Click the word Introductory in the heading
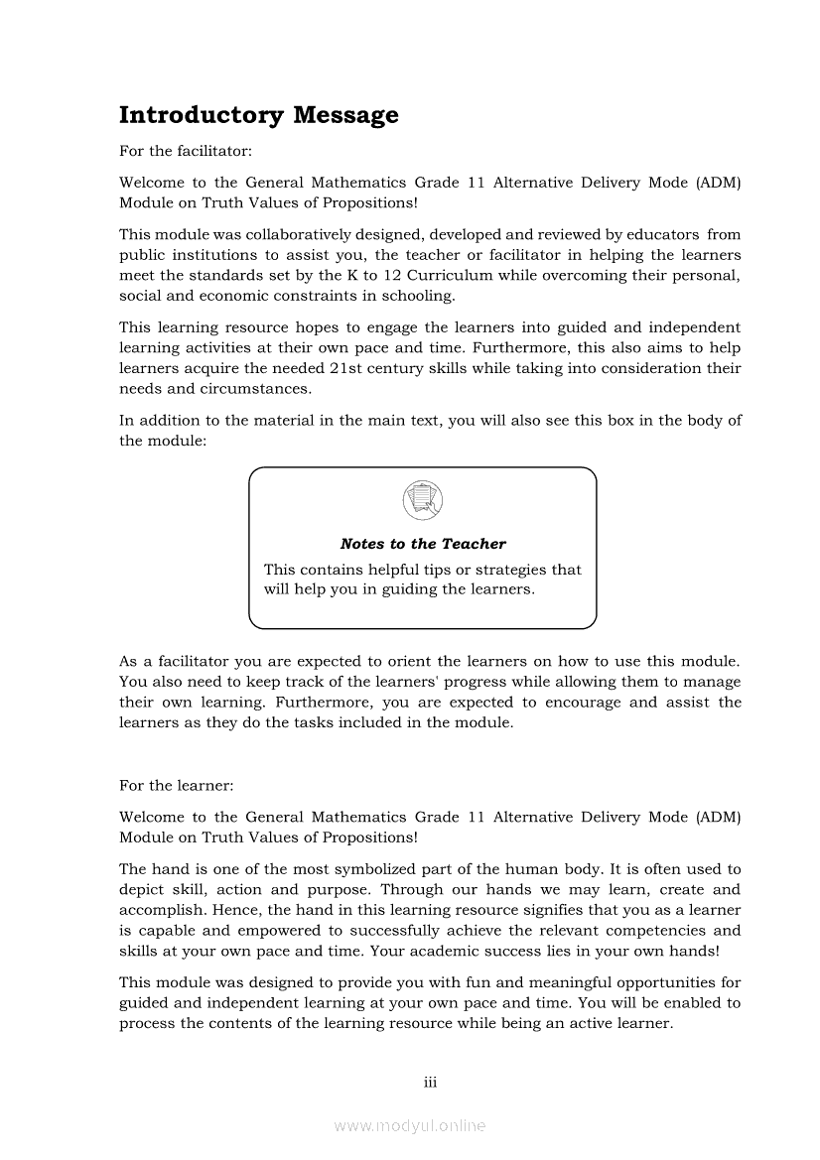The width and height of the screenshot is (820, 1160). point(202,116)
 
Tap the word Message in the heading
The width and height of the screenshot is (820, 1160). point(345,116)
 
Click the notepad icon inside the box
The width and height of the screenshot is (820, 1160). point(423,499)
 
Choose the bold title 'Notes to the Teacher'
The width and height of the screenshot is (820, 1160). point(423,544)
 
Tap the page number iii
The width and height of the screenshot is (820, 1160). point(430,1082)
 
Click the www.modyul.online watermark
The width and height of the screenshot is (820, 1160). point(410,1126)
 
